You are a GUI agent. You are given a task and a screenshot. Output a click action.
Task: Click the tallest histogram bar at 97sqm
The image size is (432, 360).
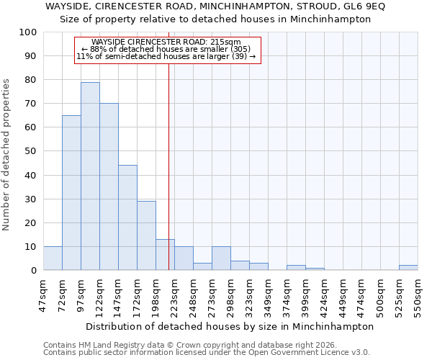[90, 176]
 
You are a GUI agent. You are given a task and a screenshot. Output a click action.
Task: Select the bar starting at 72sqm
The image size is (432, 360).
[71, 193]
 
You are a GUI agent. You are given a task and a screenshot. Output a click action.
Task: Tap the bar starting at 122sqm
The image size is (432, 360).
[109, 187]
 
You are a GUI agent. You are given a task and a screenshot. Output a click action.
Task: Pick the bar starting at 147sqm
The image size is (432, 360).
[127, 217]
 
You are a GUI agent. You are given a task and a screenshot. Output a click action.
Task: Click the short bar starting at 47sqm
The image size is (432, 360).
[53, 258]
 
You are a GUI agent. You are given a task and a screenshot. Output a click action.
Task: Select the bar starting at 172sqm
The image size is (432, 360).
[146, 235]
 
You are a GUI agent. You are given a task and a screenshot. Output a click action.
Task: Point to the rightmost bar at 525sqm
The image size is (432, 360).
[408, 268]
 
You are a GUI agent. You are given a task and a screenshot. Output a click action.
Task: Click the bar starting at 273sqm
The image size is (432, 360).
[221, 258]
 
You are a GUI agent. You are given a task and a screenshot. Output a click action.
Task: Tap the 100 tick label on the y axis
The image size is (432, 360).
[28, 32]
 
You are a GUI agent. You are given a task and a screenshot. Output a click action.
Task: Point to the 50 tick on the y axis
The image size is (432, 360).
[31, 151]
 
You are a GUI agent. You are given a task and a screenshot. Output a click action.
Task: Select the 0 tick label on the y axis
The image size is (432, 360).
[34, 271]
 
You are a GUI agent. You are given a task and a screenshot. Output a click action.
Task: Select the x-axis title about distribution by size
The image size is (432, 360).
[230, 326]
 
